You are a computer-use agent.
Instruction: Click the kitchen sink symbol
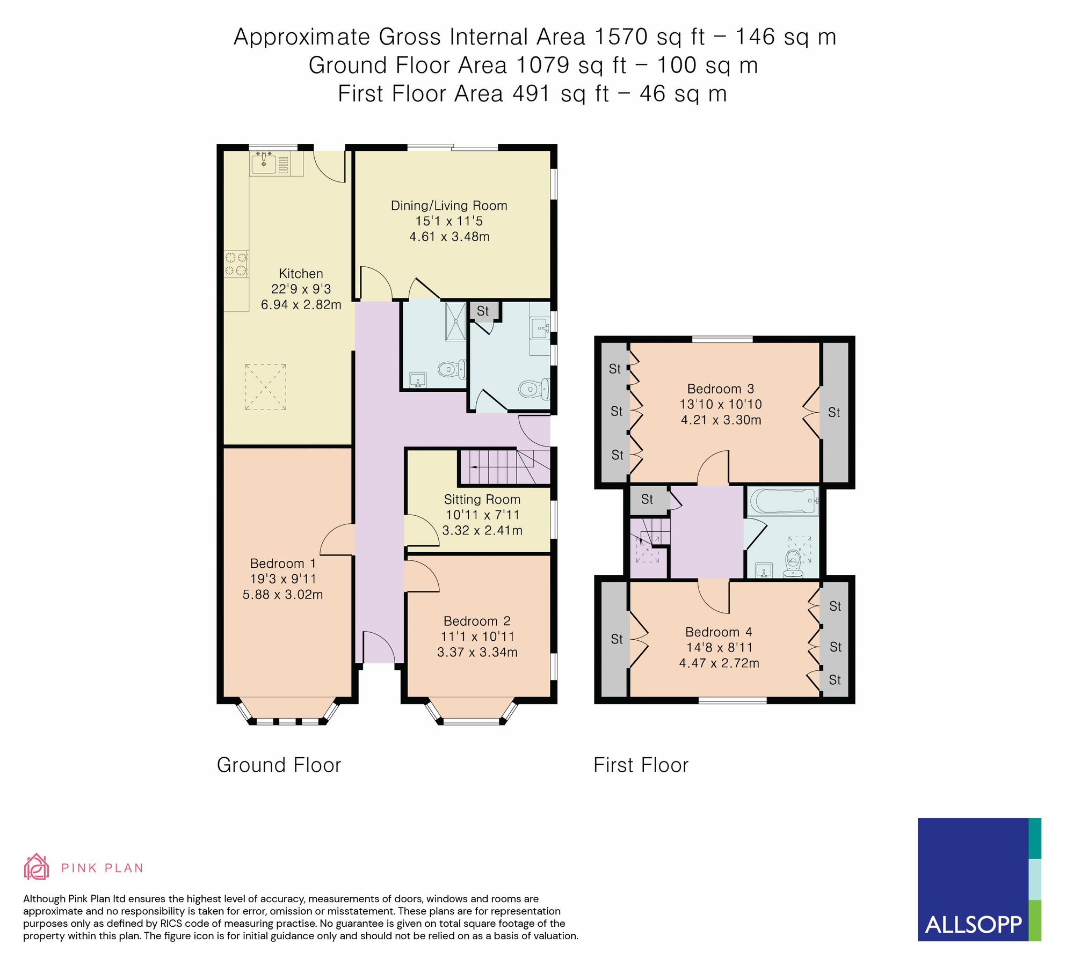click(264, 162)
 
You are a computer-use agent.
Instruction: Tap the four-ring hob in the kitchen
click(236, 264)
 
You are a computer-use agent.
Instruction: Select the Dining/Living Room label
click(449, 206)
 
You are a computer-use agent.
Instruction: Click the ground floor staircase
click(503, 467)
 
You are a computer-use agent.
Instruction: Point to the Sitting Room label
click(482, 500)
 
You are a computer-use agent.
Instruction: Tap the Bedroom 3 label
click(721, 389)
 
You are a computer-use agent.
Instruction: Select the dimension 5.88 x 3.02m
click(282, 595)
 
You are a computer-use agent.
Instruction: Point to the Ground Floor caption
click(279, 765)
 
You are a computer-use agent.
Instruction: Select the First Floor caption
click(641, 765)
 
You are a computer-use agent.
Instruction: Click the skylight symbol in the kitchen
click(265, 387)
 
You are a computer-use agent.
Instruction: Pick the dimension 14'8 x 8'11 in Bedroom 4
click(719, 648)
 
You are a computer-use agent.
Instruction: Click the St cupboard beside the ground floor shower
click(483, 311)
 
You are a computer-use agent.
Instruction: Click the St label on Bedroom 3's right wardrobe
click(833, 413)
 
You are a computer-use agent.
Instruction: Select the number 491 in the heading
click(532, 94)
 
